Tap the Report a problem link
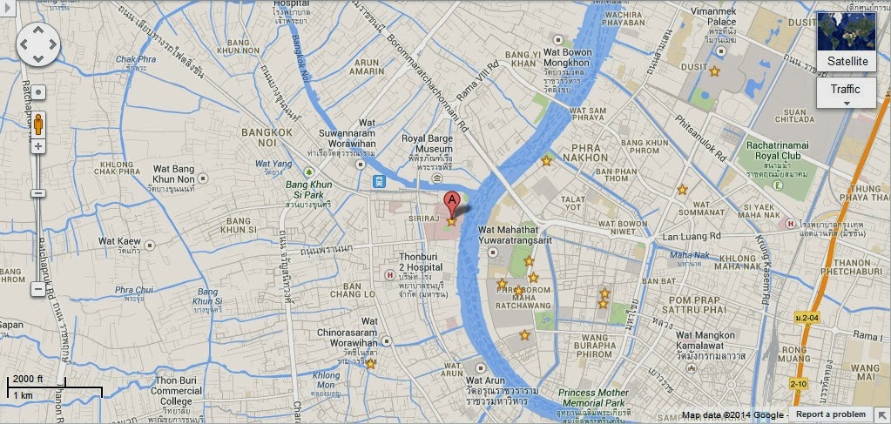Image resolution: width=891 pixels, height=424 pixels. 830,414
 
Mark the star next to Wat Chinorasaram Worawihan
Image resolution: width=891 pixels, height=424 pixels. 371,363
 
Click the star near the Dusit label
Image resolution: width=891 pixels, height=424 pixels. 715,71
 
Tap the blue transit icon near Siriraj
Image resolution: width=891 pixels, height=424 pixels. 380,181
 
